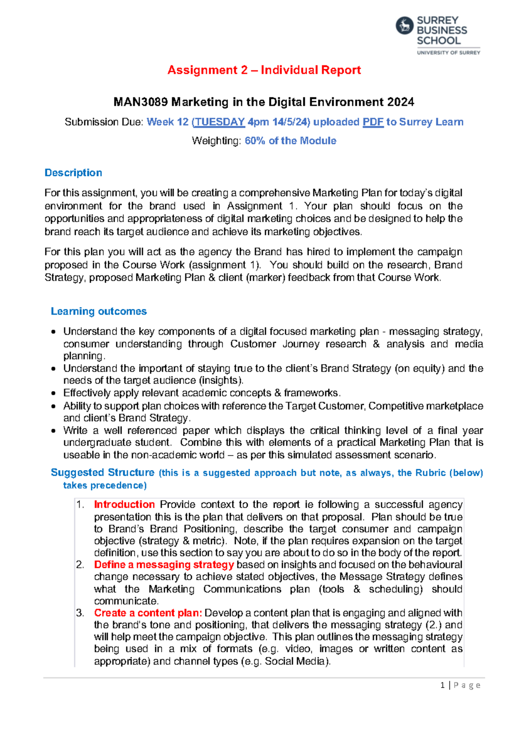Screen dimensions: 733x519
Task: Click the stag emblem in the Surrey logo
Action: pos(404,26)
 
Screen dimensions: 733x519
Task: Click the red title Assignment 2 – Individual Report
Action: pos(264,70)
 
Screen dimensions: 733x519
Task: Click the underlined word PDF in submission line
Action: pos(373,122)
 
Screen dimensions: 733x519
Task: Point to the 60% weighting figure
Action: pos(255,141)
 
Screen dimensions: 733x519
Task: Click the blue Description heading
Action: pos(74,173)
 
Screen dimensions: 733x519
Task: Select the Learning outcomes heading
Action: pos(99,312)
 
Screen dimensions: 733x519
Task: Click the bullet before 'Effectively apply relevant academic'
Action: pos(53,394)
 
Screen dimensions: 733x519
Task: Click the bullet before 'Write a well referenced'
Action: pos(53,431)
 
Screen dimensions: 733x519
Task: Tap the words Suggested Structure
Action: pos(103,472)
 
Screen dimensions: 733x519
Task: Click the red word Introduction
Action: pos(124,505)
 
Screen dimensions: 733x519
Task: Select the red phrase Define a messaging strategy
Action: pos(164,565)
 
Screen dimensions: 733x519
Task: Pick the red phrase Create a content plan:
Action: pos(148,613)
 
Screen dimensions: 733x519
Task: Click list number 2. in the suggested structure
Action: pos(80,565)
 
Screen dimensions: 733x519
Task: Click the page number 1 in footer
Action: pos(442,685)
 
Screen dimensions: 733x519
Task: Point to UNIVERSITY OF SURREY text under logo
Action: pos(449,53)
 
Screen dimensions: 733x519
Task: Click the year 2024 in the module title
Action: pos(400,102)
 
